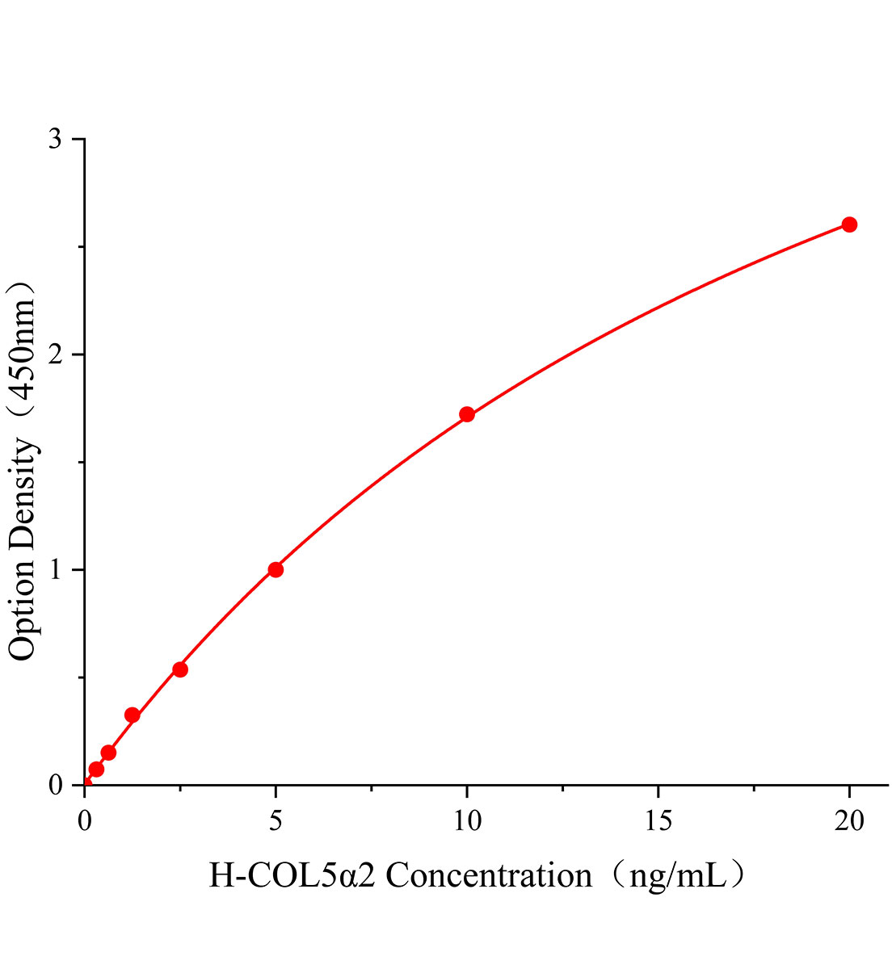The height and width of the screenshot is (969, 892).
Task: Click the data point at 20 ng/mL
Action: (x=849, y=224)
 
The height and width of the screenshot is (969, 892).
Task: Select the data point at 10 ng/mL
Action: (x=467, y=414)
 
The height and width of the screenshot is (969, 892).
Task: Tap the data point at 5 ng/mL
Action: (x=276, y=569)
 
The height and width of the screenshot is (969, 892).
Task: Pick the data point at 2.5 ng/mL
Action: (x=180, y=669)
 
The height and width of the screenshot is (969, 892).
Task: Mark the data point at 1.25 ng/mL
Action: (x=133, y=715)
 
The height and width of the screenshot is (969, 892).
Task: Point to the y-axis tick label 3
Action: (x=55, y=139)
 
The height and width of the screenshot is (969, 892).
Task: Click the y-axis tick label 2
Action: (x=55, y=354)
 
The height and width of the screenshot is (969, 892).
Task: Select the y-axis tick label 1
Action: (x=55, y=569)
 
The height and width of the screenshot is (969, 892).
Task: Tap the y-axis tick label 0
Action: (x=55, y=785)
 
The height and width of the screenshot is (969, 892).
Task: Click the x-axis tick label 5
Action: (x=276, y=821)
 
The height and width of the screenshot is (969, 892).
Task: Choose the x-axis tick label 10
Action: (x=467, y=821)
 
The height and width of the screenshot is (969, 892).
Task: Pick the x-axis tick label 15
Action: (x=658, y=821)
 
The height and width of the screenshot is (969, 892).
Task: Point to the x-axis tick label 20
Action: (x=849, y=821)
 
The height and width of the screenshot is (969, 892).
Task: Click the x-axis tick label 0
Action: (x=85, y=821)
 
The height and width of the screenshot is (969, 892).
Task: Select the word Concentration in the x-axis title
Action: (x=489, y=875)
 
